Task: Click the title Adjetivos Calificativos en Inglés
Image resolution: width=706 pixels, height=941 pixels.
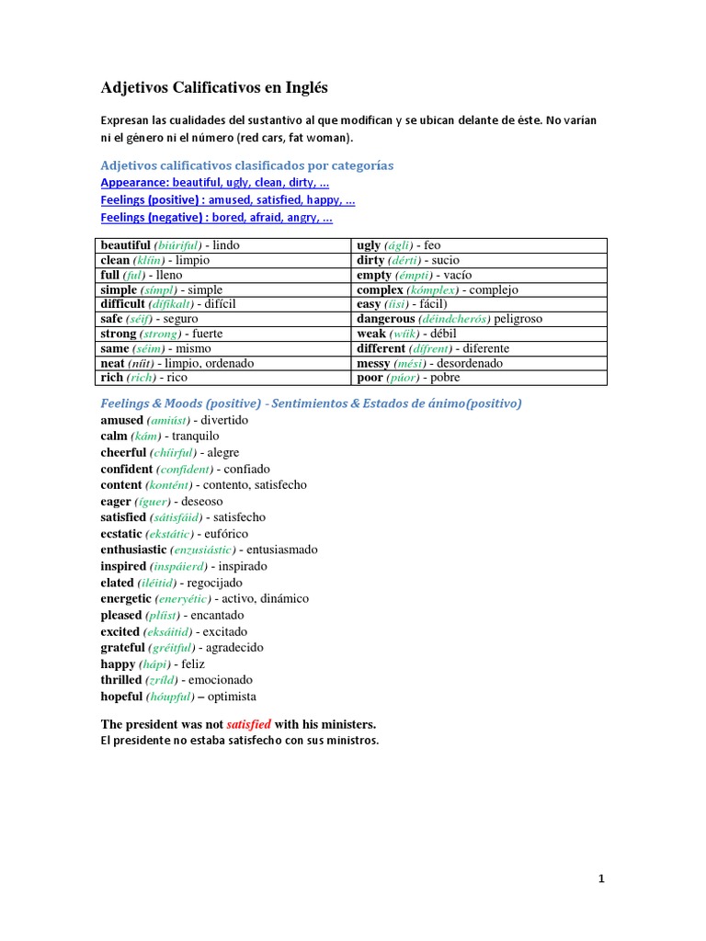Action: pyautogui.click(x=213, y=88)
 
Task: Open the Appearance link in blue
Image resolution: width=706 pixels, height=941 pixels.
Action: pyautogui.click(x=215, y=183)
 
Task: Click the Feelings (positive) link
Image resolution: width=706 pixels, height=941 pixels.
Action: pyautogui.click(x=227, y=200)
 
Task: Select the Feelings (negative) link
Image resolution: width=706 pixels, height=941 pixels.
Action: pyautogui.click(x=216, y=218)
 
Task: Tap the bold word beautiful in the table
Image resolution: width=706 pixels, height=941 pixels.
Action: pyautogui.click(x=125, y=245)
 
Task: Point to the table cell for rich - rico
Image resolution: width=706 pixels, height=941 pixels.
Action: pyautogui.click(x=225, y=378)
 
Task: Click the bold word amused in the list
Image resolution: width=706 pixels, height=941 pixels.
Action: pyautogui.click(x=122, y=420)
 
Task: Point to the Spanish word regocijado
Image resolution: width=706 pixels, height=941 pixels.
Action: pyautogui.click(x=217, y=583)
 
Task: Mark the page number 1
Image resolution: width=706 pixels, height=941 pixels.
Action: pyautogui.click(x=601, y=879)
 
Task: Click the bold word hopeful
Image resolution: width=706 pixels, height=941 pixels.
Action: pyautogui.click(x=121, y=697)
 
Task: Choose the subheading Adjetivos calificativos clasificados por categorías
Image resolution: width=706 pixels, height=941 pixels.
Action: pyautogui.click(x=246, y=165)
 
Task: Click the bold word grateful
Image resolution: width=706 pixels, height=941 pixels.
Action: pyautogui.click(x=123, y=648)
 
